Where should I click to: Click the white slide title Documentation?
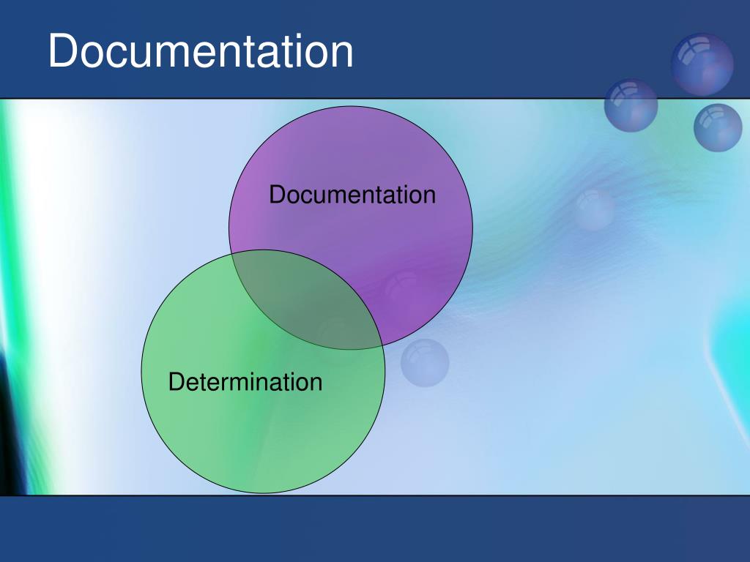(x=201, y=50)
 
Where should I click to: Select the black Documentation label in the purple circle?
(x=352, y=195)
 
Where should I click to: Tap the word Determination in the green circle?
(x=245, y=382)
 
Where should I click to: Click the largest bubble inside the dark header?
(x=702, y=64)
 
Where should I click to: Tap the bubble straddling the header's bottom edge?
(x=631, y=105)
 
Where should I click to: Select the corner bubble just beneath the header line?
(x=718, y=127)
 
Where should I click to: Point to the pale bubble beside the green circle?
(x=425, y=363)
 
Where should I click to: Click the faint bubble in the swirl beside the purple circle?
(x=595, y=209)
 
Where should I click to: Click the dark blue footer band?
(x=375, y=529)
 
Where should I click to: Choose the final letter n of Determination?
(x=316, y=385)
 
